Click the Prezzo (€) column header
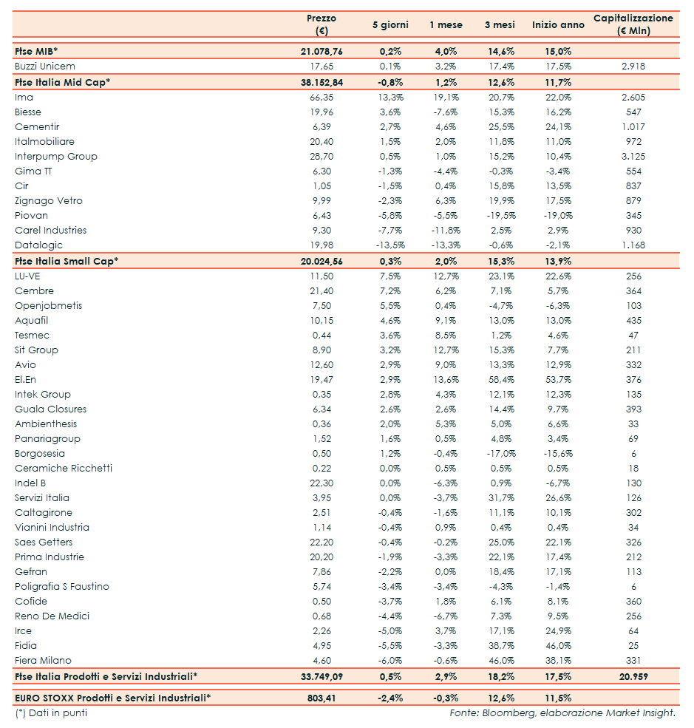click(321, 24)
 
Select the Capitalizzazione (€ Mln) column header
click(633, 24)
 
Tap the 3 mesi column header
click(500, 25)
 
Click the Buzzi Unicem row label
click(44, 67)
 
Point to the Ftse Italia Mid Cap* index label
click(62, 82)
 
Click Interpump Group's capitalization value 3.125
click(633, 157)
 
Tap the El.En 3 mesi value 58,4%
click(500, 380)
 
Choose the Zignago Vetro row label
click(49, 201)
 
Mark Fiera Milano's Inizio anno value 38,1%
click(558, 661)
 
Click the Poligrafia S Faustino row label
click(62, 587)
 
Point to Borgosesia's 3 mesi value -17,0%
click(500, 454)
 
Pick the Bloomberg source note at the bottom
click(562, 713)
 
